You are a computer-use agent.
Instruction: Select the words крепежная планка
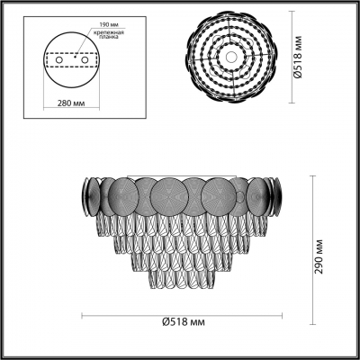pyautogui.click(x=108, y=35)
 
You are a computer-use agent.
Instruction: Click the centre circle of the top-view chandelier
pyautogui.click(x=232, y=57)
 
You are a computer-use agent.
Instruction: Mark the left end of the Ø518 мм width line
pyautogui.click(x=84, y=316)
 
